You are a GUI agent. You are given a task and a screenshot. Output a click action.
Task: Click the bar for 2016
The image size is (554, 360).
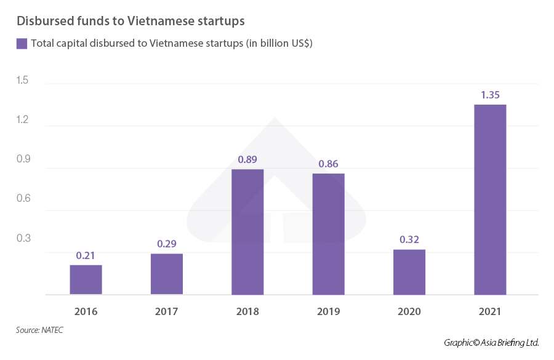click(x=86, y=279)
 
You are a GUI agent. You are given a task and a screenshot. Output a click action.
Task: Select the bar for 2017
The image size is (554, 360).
click(x=167, y=274)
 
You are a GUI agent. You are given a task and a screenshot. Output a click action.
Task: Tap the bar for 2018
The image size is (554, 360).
click(x=247, y=232)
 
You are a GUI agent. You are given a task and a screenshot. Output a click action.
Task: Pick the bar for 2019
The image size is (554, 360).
click(x=328, y=234)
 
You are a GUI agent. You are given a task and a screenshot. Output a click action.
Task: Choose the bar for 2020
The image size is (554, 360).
click(x=409, y=272)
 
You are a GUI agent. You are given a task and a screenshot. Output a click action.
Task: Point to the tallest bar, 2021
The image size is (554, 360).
click(x=490, y=199)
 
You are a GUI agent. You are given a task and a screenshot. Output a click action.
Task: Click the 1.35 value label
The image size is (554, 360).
click(x=490, y=95)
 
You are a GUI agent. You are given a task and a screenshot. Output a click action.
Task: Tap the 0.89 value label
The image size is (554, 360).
click(x=247, y=159)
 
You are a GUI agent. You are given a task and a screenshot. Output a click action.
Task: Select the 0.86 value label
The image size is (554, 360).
click(x=328, y=164)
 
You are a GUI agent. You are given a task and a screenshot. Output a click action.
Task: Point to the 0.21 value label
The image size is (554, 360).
click(x=86, y=255)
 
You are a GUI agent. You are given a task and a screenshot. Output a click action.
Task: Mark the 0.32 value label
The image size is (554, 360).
click(x=409, y=240)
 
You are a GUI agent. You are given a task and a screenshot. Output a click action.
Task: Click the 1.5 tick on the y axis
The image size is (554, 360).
click(x=23, y=81)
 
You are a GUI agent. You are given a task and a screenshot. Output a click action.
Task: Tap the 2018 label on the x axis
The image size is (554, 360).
click(x=247, y=311)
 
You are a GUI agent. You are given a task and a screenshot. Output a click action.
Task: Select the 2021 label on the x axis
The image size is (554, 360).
click(x=490, y=311)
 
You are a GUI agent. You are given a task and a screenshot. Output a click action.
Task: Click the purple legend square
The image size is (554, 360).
click(x=22, y=43)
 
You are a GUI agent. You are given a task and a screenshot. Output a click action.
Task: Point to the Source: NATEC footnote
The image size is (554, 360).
click(x=39, y=330)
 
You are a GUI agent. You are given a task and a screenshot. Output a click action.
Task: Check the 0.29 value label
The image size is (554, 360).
click(x=167, y=244)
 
